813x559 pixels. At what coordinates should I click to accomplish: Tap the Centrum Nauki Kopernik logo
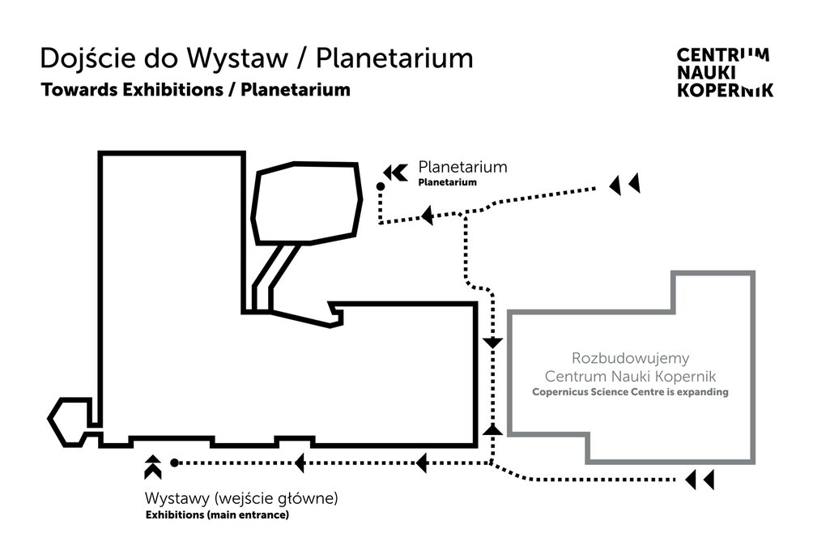pyautogui.click(x=724, y=72)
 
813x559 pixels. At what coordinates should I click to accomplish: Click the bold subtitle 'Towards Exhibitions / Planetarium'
pyautogui.click(x=195, y=89)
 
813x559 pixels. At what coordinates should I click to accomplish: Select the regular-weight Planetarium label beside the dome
pyautogui.click(x=462, y=168)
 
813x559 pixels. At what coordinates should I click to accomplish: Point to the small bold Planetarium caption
pyautogui.click(x=447, y=183)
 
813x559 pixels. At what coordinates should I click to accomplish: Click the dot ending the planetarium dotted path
pyautogui.click(x=381, y=186)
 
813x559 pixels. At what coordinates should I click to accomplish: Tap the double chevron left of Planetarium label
pyautogui.click(x=394, y=172)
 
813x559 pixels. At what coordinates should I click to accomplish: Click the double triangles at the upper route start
pyautogui.click(x=624, y=185)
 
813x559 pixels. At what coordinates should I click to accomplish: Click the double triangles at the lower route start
pyautogui.click(x=700, y=480)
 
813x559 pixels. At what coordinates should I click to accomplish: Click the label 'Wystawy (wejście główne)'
pyautogui.click(x=240, y=497)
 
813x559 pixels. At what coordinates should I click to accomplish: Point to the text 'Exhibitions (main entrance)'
pyautogui.click(x=216, y=514)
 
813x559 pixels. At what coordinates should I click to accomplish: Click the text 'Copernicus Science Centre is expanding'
pyautogui.click(x=630, y=392)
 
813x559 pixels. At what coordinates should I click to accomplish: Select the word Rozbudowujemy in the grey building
pyautogui.click(x=630, y=357)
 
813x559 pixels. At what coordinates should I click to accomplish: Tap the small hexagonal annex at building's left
pyautogui.click(x=69, y=420)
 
